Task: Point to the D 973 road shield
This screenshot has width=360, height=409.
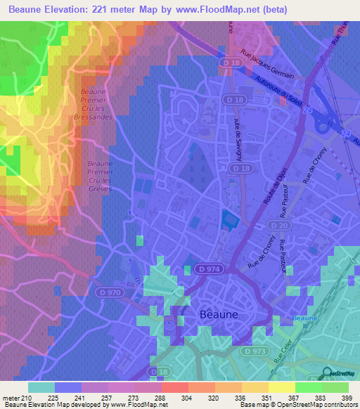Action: [255, 350]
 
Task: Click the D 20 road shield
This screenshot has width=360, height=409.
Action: [280, 225]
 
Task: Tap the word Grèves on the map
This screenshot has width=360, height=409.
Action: [98, 188]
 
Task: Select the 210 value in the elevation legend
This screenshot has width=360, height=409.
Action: [28, 398]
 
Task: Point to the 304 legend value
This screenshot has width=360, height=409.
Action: [187, 398]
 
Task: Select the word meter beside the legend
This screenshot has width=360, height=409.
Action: [11, 398]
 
